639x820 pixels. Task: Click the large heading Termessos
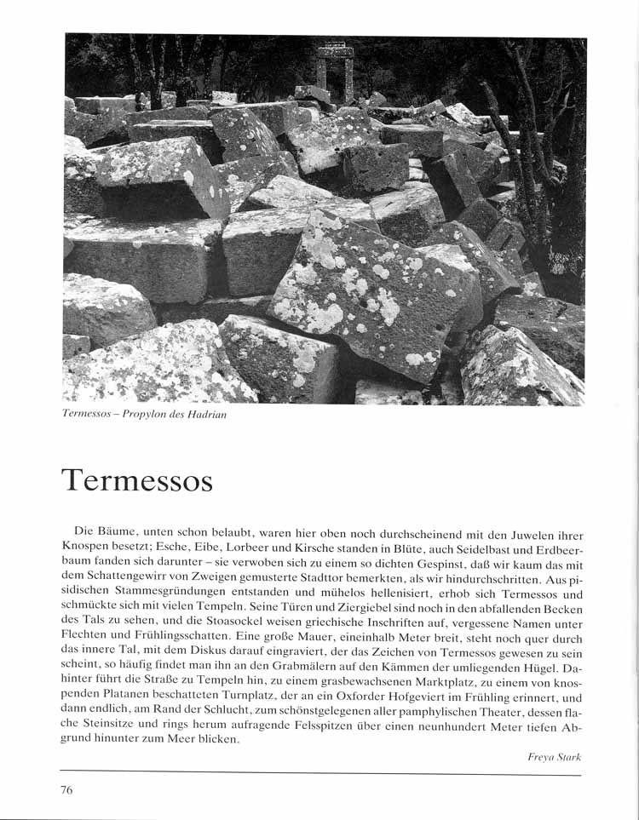click(136, 480)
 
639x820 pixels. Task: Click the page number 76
click(66, 789)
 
